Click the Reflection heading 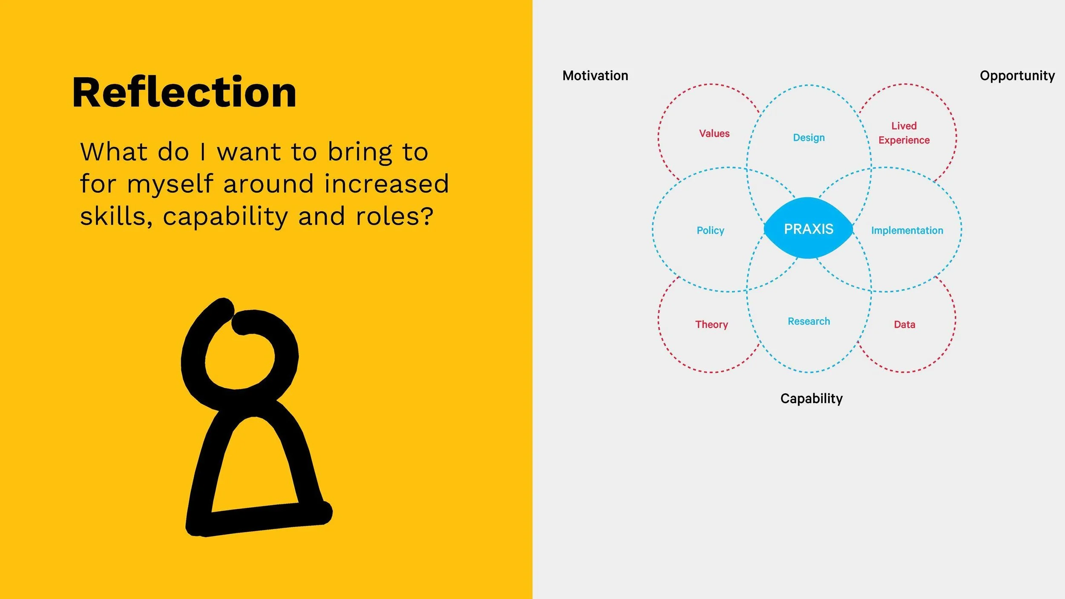point(184,92)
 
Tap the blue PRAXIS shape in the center point(808,229)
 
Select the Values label point(714,133)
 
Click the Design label point(809,138)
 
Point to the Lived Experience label point(904,133)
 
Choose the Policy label point(710,230)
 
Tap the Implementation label point(907,230)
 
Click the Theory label point(711,324)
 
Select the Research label point(809,321)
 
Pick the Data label point(904,324)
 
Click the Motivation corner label point(595,75)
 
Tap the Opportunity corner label point(1017,75)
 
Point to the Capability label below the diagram point(811,398)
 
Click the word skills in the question point(115,216)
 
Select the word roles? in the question point(394,216)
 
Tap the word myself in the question point(170,184)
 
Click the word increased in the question point(386,184)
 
